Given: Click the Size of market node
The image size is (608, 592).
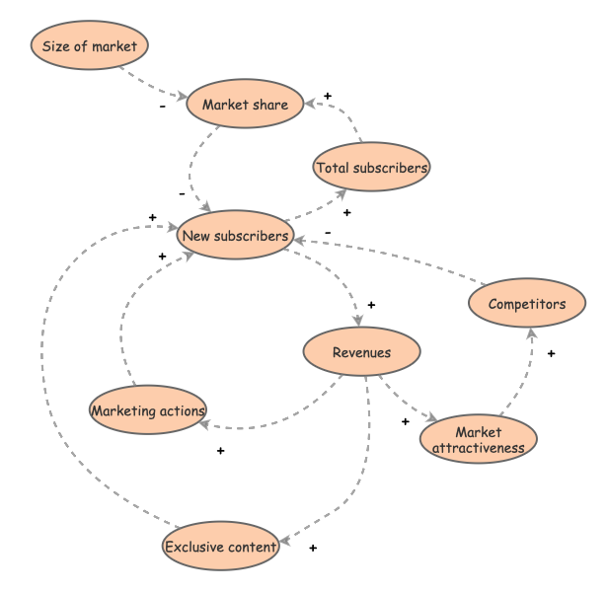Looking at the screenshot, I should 90,46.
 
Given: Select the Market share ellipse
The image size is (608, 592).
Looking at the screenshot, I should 245,105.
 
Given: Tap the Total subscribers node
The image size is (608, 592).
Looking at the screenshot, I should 371,168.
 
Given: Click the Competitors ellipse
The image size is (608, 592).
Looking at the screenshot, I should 527,304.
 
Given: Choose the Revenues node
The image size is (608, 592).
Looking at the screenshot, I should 361,352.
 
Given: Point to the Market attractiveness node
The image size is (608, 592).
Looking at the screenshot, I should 479,440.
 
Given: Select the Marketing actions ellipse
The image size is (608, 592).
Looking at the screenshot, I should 147,410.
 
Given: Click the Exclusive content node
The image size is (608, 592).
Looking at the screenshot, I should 221,548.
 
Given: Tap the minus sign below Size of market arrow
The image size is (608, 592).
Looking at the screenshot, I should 162,108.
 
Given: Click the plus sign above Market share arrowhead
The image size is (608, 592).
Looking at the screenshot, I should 328,96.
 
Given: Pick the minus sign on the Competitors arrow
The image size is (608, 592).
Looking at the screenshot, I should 328,234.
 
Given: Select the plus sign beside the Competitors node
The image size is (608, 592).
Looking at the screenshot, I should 551,352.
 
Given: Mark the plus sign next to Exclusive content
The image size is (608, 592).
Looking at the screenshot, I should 313,547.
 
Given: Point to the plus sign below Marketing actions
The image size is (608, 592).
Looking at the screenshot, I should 220,451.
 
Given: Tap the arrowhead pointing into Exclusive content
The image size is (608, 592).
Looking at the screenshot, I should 283,541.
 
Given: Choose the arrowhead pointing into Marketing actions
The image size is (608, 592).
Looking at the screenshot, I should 204,424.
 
